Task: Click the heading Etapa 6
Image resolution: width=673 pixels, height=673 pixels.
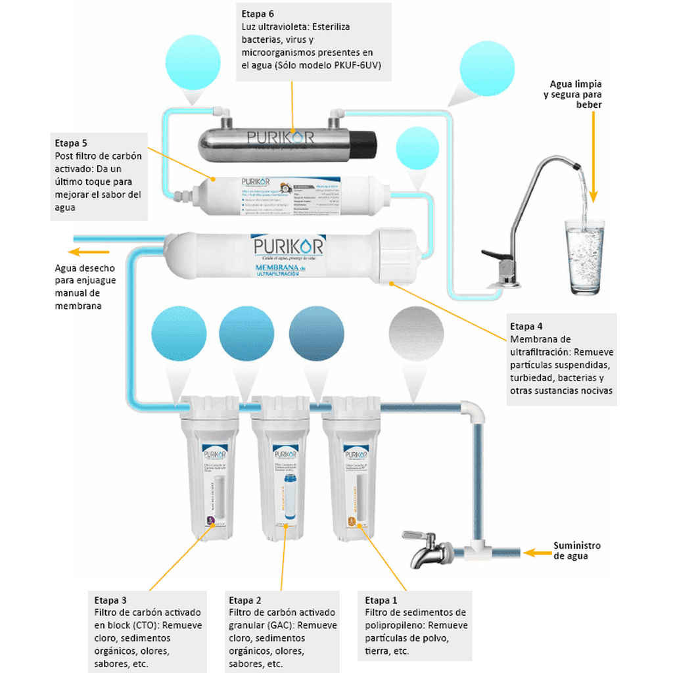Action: (257, 14)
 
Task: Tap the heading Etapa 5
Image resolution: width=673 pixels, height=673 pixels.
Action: (70, 143)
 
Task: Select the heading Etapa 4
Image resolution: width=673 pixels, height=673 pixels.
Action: (526, 326)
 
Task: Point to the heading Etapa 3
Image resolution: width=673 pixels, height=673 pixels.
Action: (110, 600)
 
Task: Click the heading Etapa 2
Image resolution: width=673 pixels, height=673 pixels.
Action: (245, 600)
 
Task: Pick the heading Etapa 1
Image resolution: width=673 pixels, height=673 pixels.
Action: (381, 600)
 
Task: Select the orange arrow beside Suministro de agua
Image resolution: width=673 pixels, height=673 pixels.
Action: (536, 553)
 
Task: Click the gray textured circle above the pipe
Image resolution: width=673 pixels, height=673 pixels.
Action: (416, 335)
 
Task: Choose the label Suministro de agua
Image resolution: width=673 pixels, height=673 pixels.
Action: (576, 551)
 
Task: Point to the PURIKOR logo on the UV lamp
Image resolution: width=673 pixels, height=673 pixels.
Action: (281, 137)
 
